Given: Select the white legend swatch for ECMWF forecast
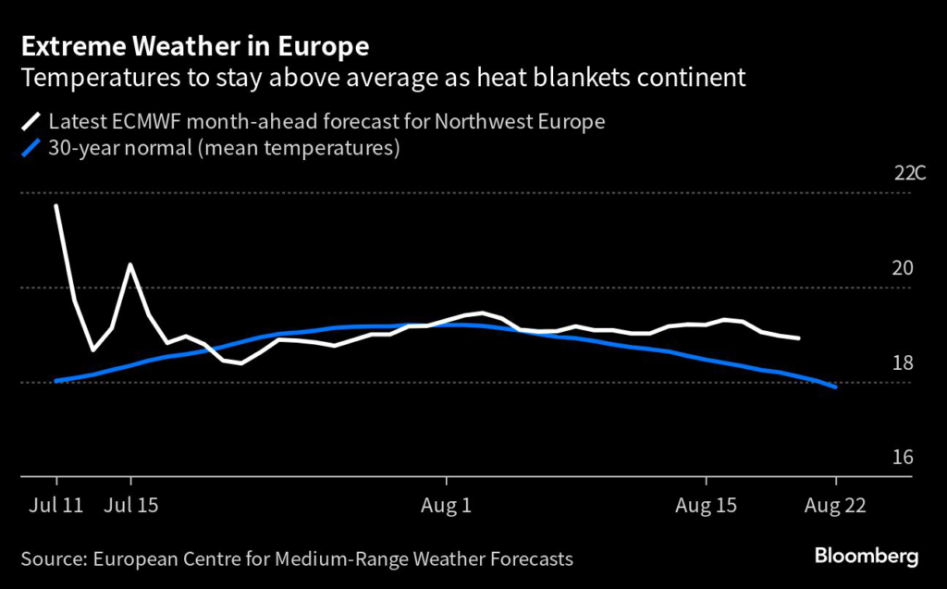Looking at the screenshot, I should point(31,121).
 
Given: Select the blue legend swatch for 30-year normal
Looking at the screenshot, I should point(31,149).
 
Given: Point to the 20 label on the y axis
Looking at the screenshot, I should point(903,269).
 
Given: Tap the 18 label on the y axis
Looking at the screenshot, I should point(903,363).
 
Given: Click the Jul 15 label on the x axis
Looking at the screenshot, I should point(130,506).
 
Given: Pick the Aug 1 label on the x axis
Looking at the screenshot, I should point(446,506).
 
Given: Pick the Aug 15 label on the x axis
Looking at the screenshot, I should point(706,506).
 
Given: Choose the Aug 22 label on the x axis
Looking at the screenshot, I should point(836,506).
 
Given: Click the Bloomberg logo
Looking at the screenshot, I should point(867,556).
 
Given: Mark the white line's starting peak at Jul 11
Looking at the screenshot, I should point(56,205).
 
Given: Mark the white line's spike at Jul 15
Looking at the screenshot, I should point(130,264).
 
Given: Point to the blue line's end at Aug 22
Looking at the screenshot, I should point(836,387).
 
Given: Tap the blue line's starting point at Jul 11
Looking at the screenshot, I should point(56,380).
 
